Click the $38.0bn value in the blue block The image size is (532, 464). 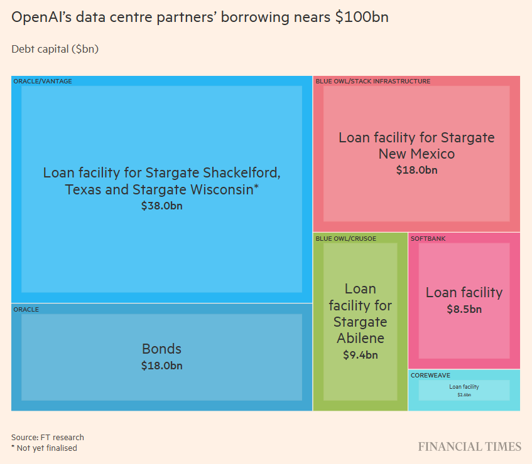pos(162,205)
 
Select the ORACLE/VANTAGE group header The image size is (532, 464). pos(43,81)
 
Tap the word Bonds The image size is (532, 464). pos(161,349)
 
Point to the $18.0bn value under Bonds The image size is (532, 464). pos(161,366)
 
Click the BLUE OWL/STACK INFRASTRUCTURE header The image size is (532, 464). pos(373,81)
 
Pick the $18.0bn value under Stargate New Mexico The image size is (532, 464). pos(416,170)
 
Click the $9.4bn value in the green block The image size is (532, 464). pos(360,356)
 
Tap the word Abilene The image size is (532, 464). pos(360,339)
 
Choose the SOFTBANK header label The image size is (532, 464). pos(428,238)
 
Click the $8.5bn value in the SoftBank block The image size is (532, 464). pos(464,309)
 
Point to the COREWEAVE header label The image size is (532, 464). pos(430,375)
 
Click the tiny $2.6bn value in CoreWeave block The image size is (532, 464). pos(464,395)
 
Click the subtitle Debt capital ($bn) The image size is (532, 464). pos(55,48)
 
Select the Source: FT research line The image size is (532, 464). pos(47,437)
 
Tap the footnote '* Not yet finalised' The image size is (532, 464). pos(44,448)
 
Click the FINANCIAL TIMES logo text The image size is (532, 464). pos(470,447)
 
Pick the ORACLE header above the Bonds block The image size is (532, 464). pos(26,309)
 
